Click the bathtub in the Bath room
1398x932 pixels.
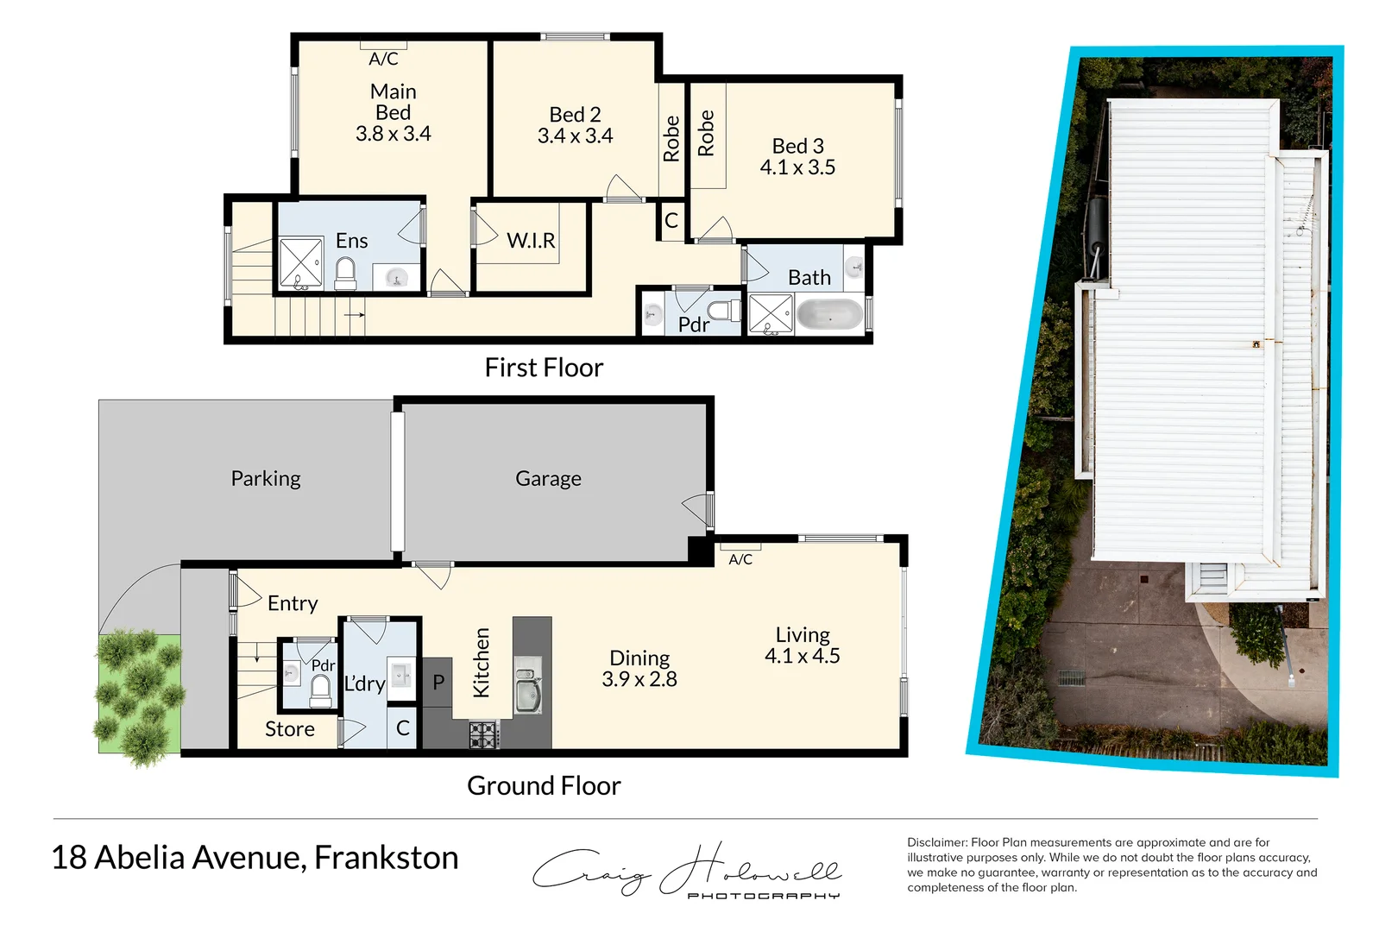click(x=828, y=315)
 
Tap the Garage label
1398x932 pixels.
click(x=548, y=478)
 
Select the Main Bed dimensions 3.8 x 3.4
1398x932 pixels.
click(x=393, y=134)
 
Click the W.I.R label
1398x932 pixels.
click(x=531, y=241)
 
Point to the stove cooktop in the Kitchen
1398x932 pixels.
click(x=483, y=734)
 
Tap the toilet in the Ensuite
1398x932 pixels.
click(x=345, y=274)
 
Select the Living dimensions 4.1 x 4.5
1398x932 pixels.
click(x=802, y=656)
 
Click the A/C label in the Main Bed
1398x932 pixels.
click(x=383, y=59)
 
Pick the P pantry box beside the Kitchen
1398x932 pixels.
click(x=438, y=683)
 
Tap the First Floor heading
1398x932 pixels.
click(x=544, y=368)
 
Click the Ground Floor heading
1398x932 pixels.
click(x=544, y=785)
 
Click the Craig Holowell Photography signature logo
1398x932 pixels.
click(x=686, y=870)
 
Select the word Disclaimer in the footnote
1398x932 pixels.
click(x=936, y=842)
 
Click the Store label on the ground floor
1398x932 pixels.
click(x=289, y=729)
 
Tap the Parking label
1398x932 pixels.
click(x=266, y=478)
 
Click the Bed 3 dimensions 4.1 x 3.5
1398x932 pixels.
click(x=797, y=167)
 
